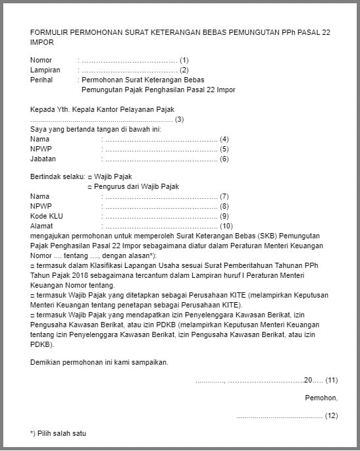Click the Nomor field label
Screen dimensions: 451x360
tap(41, 60)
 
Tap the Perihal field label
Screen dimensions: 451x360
tap(41, 80)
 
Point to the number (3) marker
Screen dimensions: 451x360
tap(179, 119)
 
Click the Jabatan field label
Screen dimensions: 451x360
tap(43, 159)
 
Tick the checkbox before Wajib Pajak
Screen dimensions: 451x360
tap(90, 177)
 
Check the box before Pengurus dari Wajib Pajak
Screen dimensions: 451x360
tap(90, 187)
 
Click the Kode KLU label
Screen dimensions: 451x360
tap(47, 216)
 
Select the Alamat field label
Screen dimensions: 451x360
tap(42, 226)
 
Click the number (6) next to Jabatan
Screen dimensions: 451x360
tap(224, 159)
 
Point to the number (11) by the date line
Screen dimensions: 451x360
tap(332, 380)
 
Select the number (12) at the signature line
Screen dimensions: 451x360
tap(332, 415)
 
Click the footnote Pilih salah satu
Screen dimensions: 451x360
tap(62, 433)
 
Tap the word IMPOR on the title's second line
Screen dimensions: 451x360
tap(42, 42)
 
